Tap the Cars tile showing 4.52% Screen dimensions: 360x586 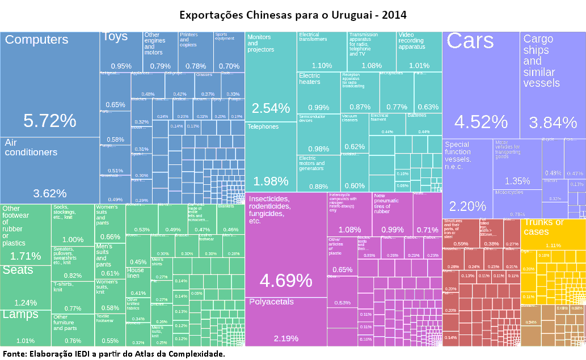tap(480, 85)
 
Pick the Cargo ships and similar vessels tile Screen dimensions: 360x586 tap(553, 85)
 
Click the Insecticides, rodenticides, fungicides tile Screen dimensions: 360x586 tap(286, 244)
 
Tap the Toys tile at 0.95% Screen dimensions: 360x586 tap(121, 52)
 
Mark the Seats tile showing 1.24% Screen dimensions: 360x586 tap(26, 286)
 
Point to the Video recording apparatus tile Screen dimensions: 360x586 tap(419, 52)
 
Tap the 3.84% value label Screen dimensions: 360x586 tap(553, 122)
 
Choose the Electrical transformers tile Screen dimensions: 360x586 tap(322, 52)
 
